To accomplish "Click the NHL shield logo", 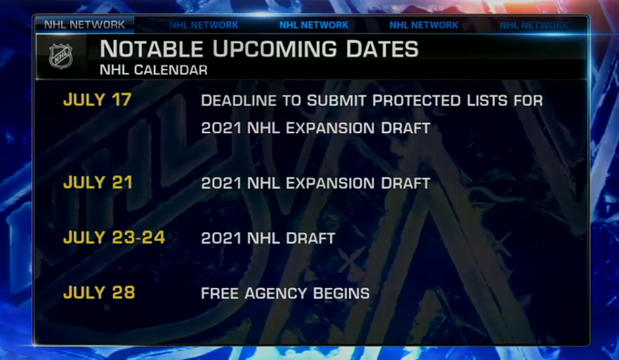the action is [61, 57].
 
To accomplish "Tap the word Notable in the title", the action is [151, 49].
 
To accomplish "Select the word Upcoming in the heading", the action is [274, 49].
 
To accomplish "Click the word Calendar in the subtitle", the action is [170, 70].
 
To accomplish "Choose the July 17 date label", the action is [98, 100].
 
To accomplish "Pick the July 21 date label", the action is [98, 182].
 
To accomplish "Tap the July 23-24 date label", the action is [114, 238].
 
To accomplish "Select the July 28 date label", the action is [99, 293].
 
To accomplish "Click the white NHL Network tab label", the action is [85, 25].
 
